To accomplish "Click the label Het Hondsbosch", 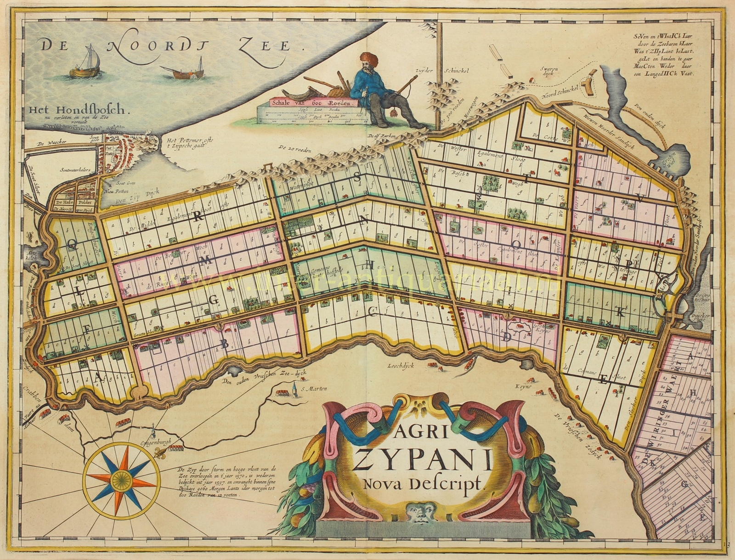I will pos(79,110).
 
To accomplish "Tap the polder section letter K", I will pos(621,313).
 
